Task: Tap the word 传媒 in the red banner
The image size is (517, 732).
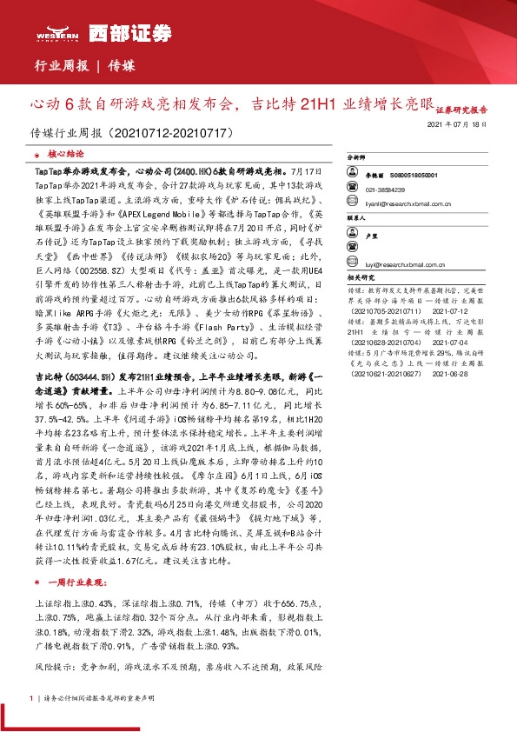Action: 123,66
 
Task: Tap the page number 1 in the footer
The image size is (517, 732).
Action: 32,697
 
